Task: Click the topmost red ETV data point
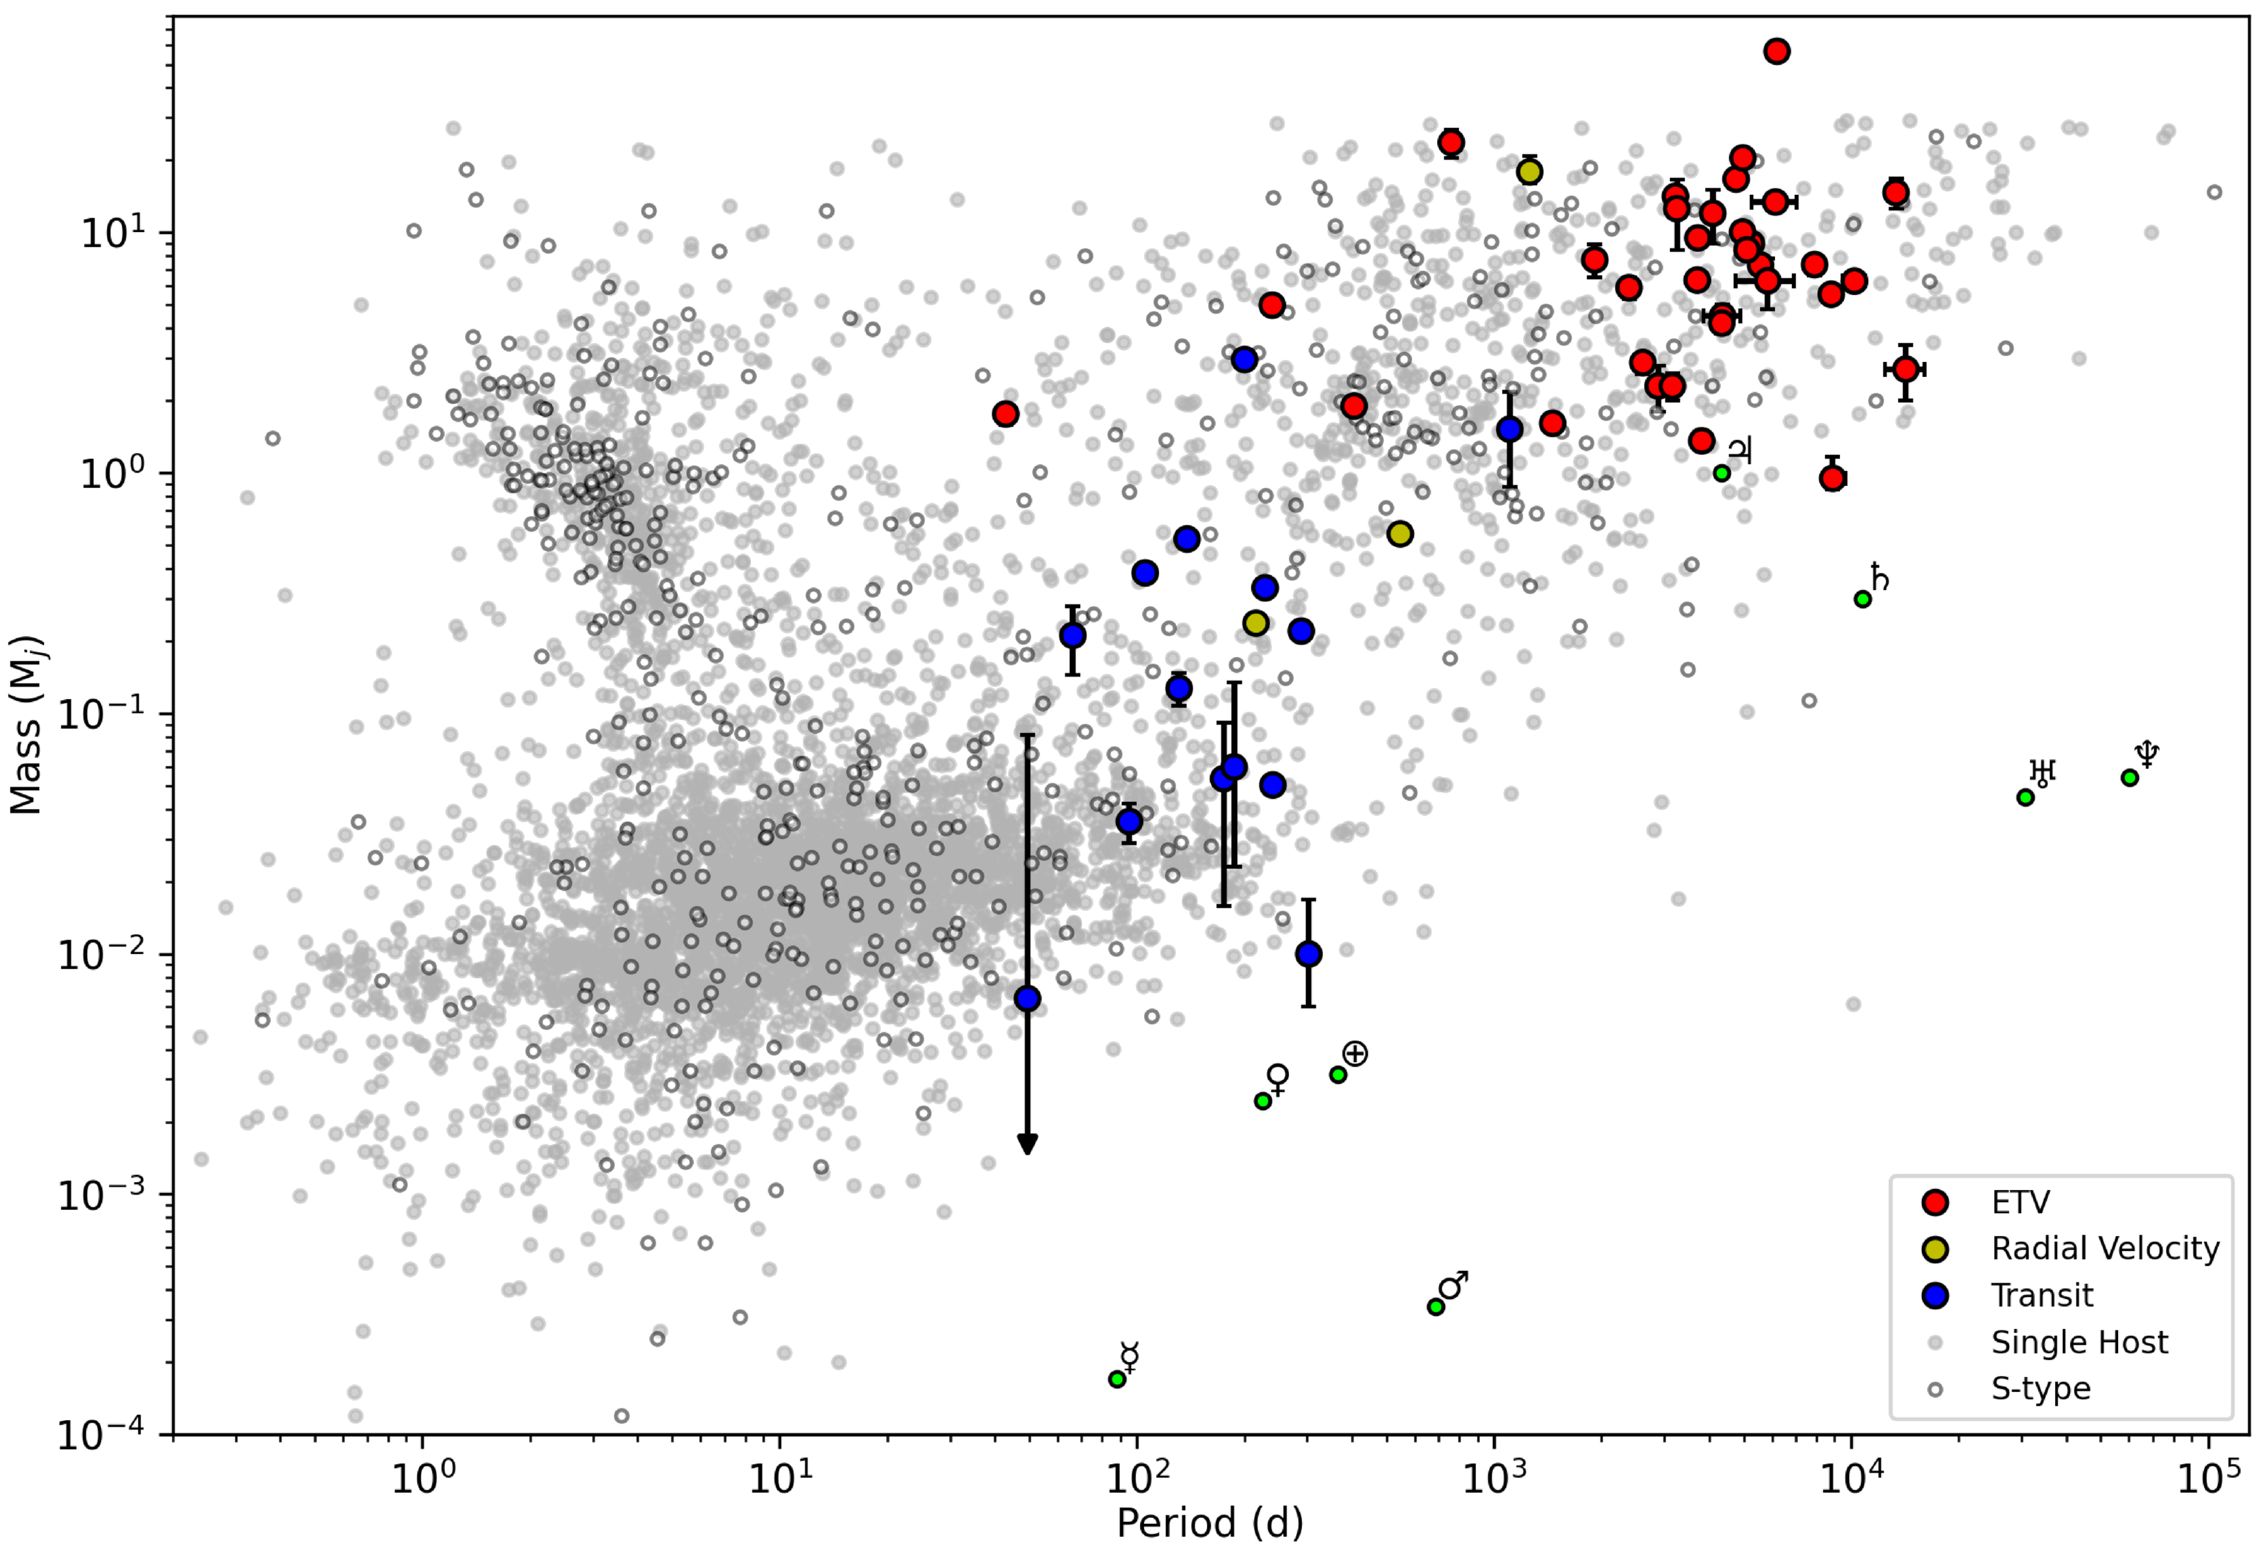pyautogui.click(x=1776, y=52)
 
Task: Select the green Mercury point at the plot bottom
pyautogui.click(x=1117, y=1379)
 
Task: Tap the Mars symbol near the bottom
pyautogui.click(x=1453, y=1286)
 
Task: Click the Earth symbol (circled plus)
pyautogui.click(x=1355, y=1054)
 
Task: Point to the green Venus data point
pyautogui.click(x=1262, y=1101)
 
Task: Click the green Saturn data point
pyautogui.click(x=1862, y=599)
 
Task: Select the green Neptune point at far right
pyautogui.click(x=2130, y=778)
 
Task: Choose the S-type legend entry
pyautogui.click(x=2040, y=1389)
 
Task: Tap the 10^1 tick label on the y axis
pyautogui.click(x=112, y=233)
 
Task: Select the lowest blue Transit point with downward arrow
pyautogui.click(x=1027, y=999)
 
